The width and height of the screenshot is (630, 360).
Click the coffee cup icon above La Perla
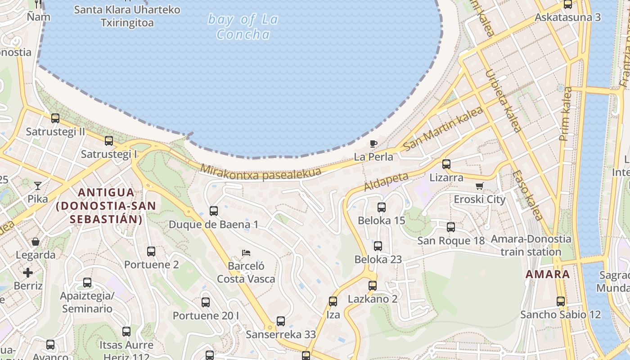coord(373,144)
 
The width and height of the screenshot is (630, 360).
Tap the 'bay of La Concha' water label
coord(243,27)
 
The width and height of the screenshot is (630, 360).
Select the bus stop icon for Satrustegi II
coord(55,118)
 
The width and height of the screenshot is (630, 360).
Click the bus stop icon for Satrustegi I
coord(109,141)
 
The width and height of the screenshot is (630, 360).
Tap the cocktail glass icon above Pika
coord(38,185)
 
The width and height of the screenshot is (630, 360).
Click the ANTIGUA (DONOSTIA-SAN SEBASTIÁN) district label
coord(106,206)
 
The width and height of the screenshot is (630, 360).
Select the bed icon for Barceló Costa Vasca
coord(246,253)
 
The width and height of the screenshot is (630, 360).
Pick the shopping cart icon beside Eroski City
coord(480,186)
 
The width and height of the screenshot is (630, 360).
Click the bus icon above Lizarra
coord(446,164)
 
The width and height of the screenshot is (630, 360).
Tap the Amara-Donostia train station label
coord(531,245)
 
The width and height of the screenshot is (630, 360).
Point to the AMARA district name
coord(548,274)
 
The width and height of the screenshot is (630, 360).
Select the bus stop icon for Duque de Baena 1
coord(214,211)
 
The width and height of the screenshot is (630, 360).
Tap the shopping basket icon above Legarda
coord(36,242)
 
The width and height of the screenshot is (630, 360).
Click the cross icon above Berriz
coord(28,273)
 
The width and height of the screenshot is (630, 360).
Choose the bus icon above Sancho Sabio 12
coord(561,301)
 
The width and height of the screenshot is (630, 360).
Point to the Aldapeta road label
coord(386,181)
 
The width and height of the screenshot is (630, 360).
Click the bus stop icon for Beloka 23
coord(378,246)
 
